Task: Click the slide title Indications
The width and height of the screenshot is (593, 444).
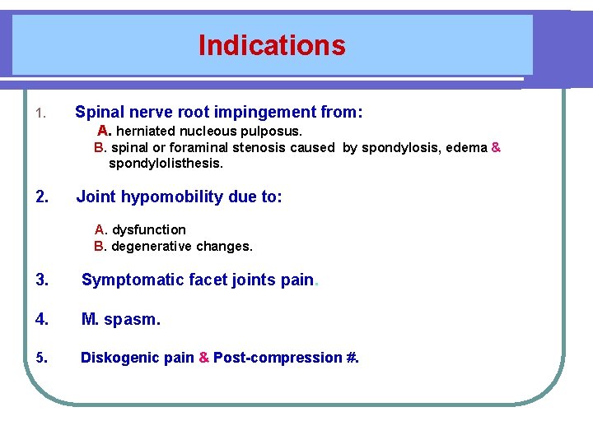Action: [x=272, y=45]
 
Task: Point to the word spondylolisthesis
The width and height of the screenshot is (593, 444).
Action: [x=166, y=164]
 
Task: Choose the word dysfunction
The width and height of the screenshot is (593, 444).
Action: [x=148, y=229]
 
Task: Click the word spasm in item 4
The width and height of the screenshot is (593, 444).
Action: [x=132, y=319]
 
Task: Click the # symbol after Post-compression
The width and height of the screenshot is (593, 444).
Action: [x=352, y=358]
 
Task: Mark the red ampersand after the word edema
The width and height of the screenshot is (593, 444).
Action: [x=496, y=148]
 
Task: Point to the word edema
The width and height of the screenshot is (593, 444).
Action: [x=468, y=148]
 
